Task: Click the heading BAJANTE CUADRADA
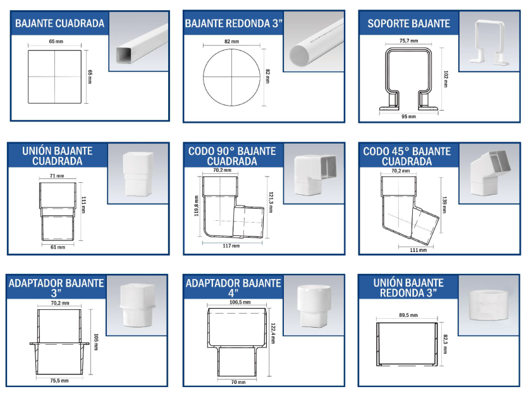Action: [59, 23]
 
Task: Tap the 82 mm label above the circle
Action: [231, 42]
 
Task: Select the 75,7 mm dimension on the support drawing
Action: [408, 41]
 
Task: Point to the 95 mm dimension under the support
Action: [408, 116]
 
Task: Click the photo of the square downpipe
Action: [139, 42]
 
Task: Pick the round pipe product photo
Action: [314, 42]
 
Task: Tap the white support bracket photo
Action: [489, 42]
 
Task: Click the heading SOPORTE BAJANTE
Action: [408, 23]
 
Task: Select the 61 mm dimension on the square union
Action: [58, 247]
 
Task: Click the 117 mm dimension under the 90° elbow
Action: [231, 246]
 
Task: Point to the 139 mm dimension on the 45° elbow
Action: [444, 205]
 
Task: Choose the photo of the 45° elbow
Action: [489, 173]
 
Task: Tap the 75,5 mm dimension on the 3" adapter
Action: [59, 381]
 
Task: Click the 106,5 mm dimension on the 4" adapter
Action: [240, 302]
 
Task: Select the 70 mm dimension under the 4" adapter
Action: [238, 382]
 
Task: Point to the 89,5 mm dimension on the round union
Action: [408, 315]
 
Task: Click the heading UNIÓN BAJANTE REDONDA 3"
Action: [408, 288]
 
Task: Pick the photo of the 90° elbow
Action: [314, 173]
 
